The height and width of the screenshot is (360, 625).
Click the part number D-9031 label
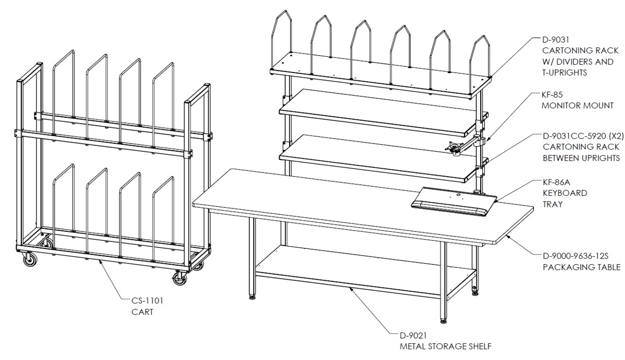556,40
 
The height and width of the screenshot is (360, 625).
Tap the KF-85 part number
552,95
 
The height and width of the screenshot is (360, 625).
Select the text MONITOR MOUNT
578,105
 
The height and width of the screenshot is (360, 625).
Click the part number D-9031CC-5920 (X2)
583,136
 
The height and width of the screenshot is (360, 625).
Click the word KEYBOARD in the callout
565,193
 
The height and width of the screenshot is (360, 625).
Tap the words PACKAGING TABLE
582,267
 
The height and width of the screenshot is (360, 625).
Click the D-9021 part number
413,335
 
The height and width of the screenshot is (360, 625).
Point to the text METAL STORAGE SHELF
446,346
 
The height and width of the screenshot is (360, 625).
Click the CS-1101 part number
147,301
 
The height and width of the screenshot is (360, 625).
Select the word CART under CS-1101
142,312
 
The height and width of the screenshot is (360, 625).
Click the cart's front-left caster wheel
30,260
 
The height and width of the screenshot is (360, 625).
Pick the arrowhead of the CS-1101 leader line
100,260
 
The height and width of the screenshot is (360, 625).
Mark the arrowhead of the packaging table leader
506,236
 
